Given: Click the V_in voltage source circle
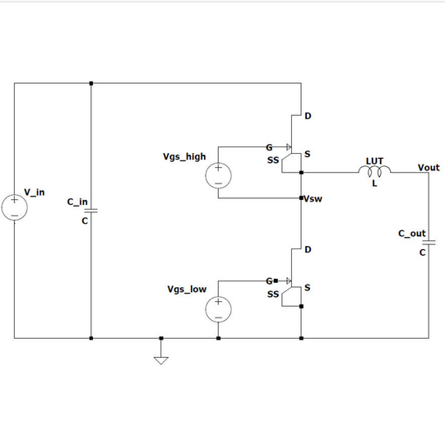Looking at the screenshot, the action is (x=15, y=207).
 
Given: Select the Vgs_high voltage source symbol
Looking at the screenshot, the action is (x=218, y=175).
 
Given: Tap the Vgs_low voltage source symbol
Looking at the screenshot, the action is (x=218, y=309).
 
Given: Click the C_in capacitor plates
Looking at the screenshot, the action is (x=91, y=211).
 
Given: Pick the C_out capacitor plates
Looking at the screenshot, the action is (x=429, y=243).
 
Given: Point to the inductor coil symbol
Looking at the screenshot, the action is (x=374, y=171).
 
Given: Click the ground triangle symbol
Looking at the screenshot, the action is (x=161, y=360).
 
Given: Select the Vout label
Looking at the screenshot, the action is (x=429, y=168).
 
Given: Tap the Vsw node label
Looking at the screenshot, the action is (x=313, y=199).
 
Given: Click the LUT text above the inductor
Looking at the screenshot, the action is (x=374, y=161).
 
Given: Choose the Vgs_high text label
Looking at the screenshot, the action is (x=184, y=156).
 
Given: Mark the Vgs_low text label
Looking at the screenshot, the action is (x=187, y=290).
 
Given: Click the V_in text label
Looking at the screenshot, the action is (x=35, y=192).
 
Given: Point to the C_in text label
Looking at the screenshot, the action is (x=77, y=202).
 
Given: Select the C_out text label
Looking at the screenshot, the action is (x=412, y=234).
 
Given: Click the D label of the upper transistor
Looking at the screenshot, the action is (x=308, y=116).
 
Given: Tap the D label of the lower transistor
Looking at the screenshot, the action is (x=308, y=249).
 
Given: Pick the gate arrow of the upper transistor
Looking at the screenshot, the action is (x=289, y=147).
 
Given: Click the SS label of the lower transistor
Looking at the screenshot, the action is (x=273, y=294).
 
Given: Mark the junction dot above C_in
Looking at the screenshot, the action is (x=91, y=83).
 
